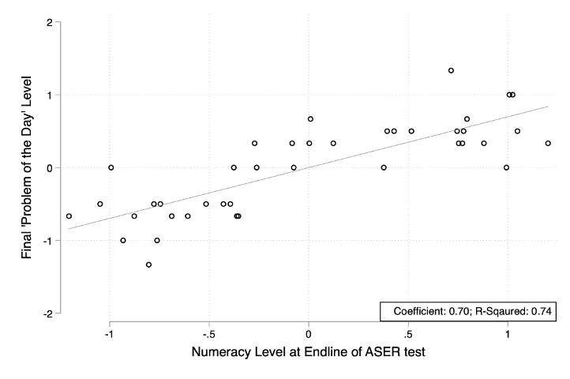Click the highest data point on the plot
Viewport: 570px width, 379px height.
(451, 70)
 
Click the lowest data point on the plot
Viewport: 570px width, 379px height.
(148, 265)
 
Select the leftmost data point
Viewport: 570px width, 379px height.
(69, 216)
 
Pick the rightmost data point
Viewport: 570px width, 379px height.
(548, 143)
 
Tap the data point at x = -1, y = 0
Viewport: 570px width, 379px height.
(111, 167)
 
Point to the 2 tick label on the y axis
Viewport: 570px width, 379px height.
(50, 22)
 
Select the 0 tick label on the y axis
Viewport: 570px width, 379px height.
(50, 167)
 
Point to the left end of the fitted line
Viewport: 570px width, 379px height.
(69, 229)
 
